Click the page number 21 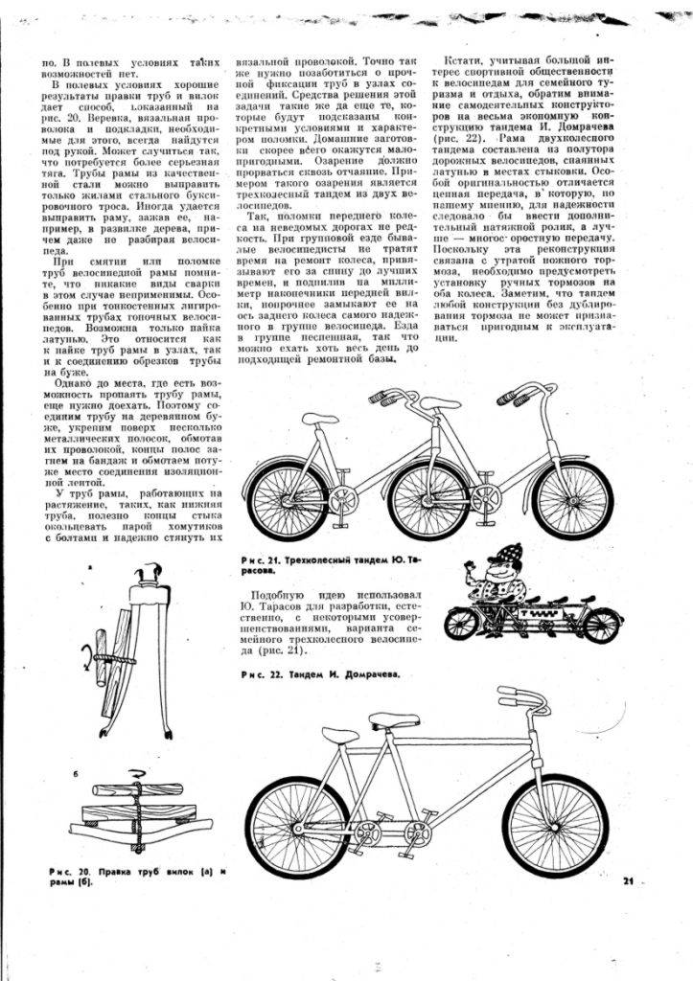629,881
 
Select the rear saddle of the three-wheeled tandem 320,419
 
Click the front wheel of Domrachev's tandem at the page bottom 556,826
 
